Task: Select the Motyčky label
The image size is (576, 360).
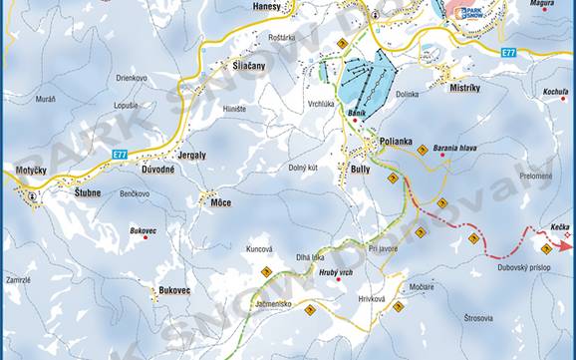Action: point(32,172)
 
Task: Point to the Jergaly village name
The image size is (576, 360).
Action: point(186,156)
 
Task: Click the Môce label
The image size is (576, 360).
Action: point(220,201)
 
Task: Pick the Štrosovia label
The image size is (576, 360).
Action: point(478,318)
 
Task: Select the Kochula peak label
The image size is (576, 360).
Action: point(555,92)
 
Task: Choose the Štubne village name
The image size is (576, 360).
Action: point(93,194)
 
